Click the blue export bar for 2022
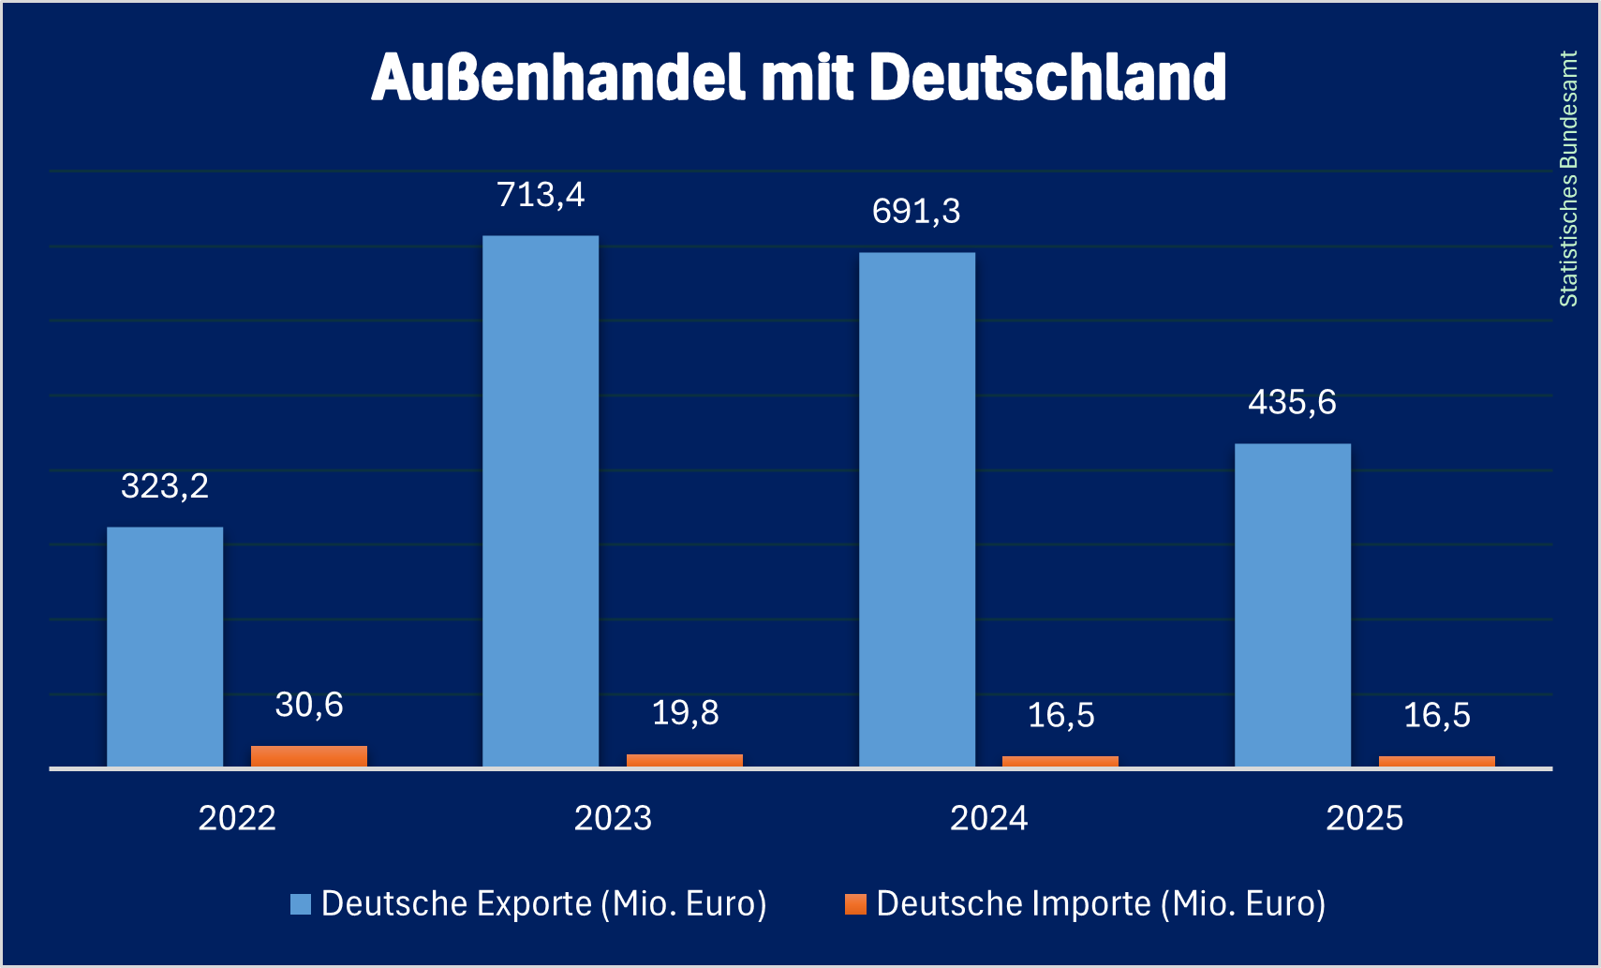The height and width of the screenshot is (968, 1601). pos(165,647)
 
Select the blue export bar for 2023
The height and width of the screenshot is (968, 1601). pos(541,501)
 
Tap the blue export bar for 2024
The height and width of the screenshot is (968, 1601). pos(916,510)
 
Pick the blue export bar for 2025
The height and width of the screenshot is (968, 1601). pos(1293,605)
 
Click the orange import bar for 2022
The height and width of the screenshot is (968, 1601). pos(309,756)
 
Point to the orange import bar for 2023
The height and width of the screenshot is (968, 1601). pos(685,760)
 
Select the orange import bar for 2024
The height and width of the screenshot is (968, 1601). pos(1060,761)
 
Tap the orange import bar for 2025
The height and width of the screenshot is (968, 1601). pos(1436,761)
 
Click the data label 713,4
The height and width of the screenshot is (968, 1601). pos(541,195)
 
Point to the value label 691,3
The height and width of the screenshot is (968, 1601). pos(916,212)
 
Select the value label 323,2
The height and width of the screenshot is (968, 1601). pos(165,486)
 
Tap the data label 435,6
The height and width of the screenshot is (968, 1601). pos(1293,403)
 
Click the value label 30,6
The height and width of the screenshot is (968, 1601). pos(309,705)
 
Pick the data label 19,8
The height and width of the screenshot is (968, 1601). pos(685,713)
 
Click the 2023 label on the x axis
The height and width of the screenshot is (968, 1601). pos(613,819)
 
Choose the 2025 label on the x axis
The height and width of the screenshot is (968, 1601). pos(1364,819)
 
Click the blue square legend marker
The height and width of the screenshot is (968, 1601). pos(301,904)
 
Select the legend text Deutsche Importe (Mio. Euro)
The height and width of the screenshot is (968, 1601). pos(1101,904)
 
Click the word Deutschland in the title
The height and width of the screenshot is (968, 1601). pos(1048,77)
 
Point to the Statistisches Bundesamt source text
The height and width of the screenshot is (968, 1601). pos(1568,179)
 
